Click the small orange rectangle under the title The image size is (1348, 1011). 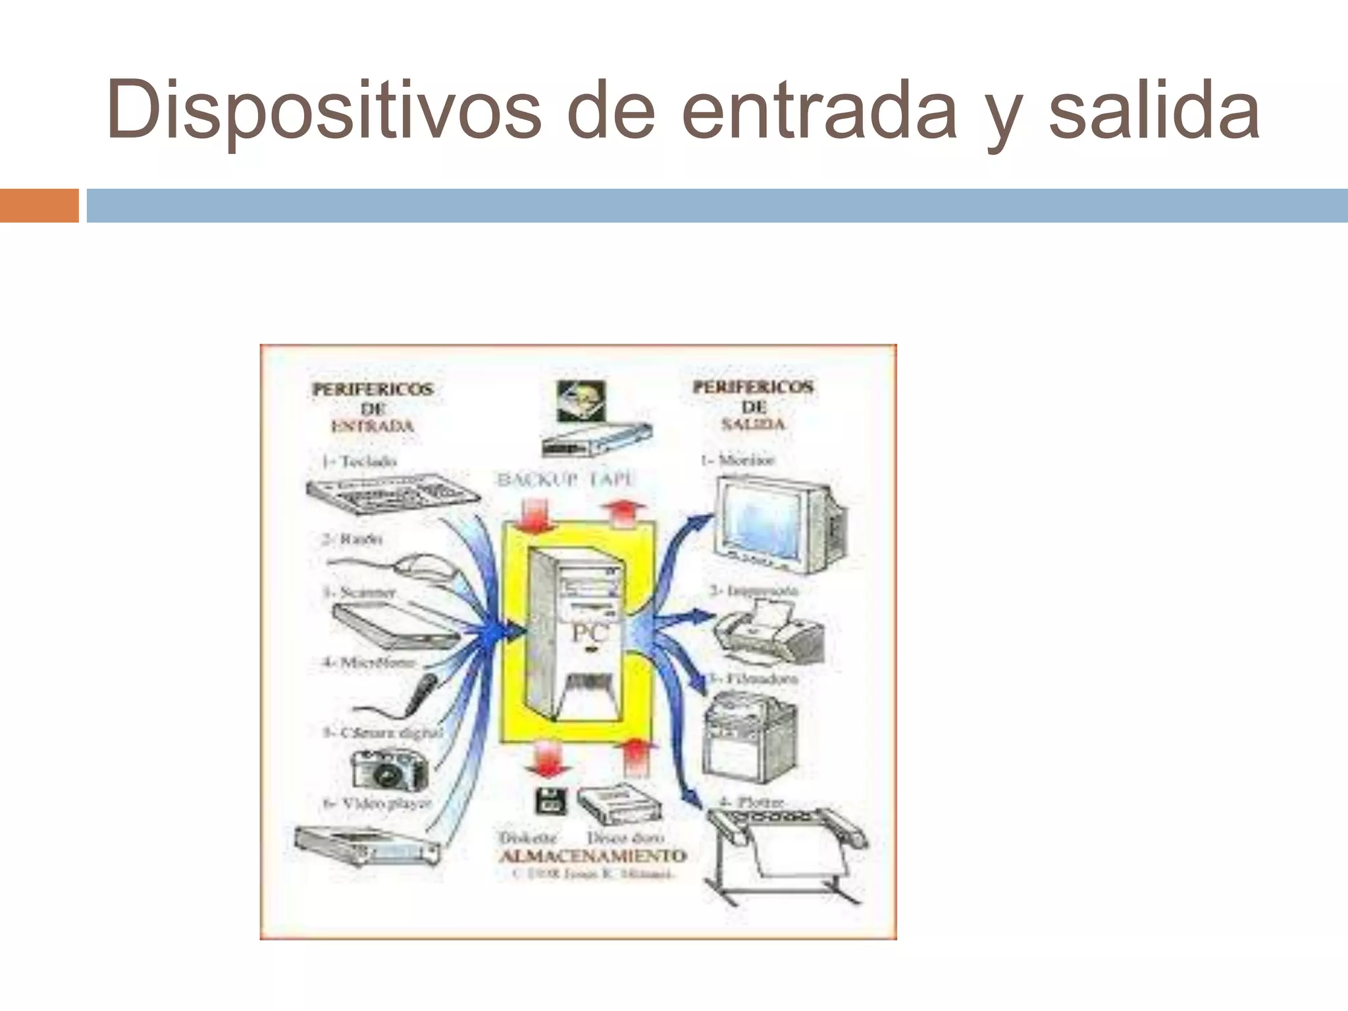39,205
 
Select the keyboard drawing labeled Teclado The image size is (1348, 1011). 393,496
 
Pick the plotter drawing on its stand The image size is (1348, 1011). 787,852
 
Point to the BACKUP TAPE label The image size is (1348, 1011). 565,480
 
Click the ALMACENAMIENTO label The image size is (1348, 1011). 592,856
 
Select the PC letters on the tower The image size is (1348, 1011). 590,633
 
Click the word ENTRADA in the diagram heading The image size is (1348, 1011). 373,426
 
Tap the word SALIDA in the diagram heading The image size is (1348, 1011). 754,424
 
